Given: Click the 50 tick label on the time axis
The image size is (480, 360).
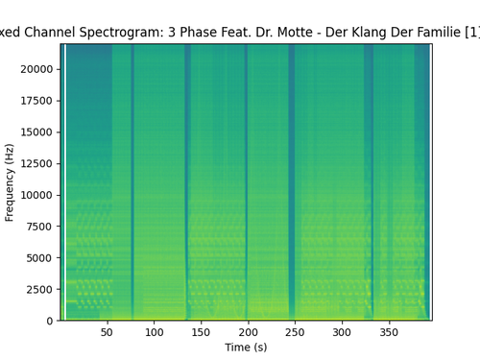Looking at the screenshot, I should click(x=107, y=333).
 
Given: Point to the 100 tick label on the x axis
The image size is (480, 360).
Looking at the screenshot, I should click(x=154, y=333).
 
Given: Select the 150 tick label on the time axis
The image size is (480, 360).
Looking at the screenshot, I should click(x=201, y=333).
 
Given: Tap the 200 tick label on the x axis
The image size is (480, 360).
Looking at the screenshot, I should click(x=248, y=333).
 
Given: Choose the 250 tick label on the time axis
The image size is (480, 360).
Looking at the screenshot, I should click(x=295, y=333).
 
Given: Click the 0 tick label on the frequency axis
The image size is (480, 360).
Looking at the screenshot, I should click(x=50, y=321).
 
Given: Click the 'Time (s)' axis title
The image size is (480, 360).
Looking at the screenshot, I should click(x=245, y=347).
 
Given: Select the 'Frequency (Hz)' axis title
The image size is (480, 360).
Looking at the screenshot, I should click(x=10, y=182).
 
